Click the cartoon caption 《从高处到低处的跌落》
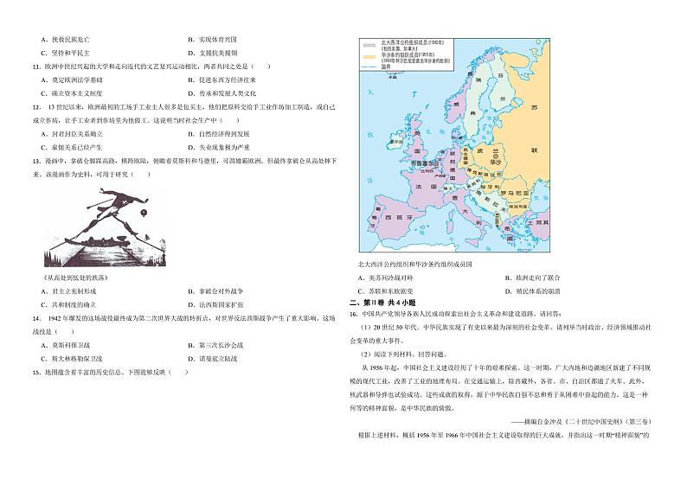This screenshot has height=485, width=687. [75, 278]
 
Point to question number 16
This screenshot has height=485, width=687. [353, 315]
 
